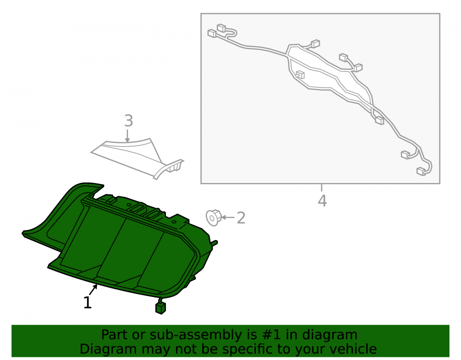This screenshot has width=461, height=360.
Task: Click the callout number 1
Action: (88, 302)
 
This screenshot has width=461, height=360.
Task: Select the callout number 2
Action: (241, 218)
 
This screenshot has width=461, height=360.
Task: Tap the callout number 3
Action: (129, 120)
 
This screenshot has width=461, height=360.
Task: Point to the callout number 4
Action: (323, 201)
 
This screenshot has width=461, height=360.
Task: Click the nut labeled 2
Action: (213, 218)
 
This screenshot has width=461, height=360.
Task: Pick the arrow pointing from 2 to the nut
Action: (228, 218)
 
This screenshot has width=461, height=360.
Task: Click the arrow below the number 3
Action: (127, 136)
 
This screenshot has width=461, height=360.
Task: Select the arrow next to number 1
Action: (93, 290)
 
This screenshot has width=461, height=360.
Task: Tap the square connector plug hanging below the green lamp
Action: (160, 308)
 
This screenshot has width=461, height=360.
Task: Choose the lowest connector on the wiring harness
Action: (421, 171)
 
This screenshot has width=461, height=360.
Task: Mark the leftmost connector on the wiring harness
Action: (212, 33)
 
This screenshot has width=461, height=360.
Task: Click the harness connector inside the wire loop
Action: (300, 75)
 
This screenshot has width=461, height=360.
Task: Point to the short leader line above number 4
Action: (322, 188)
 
